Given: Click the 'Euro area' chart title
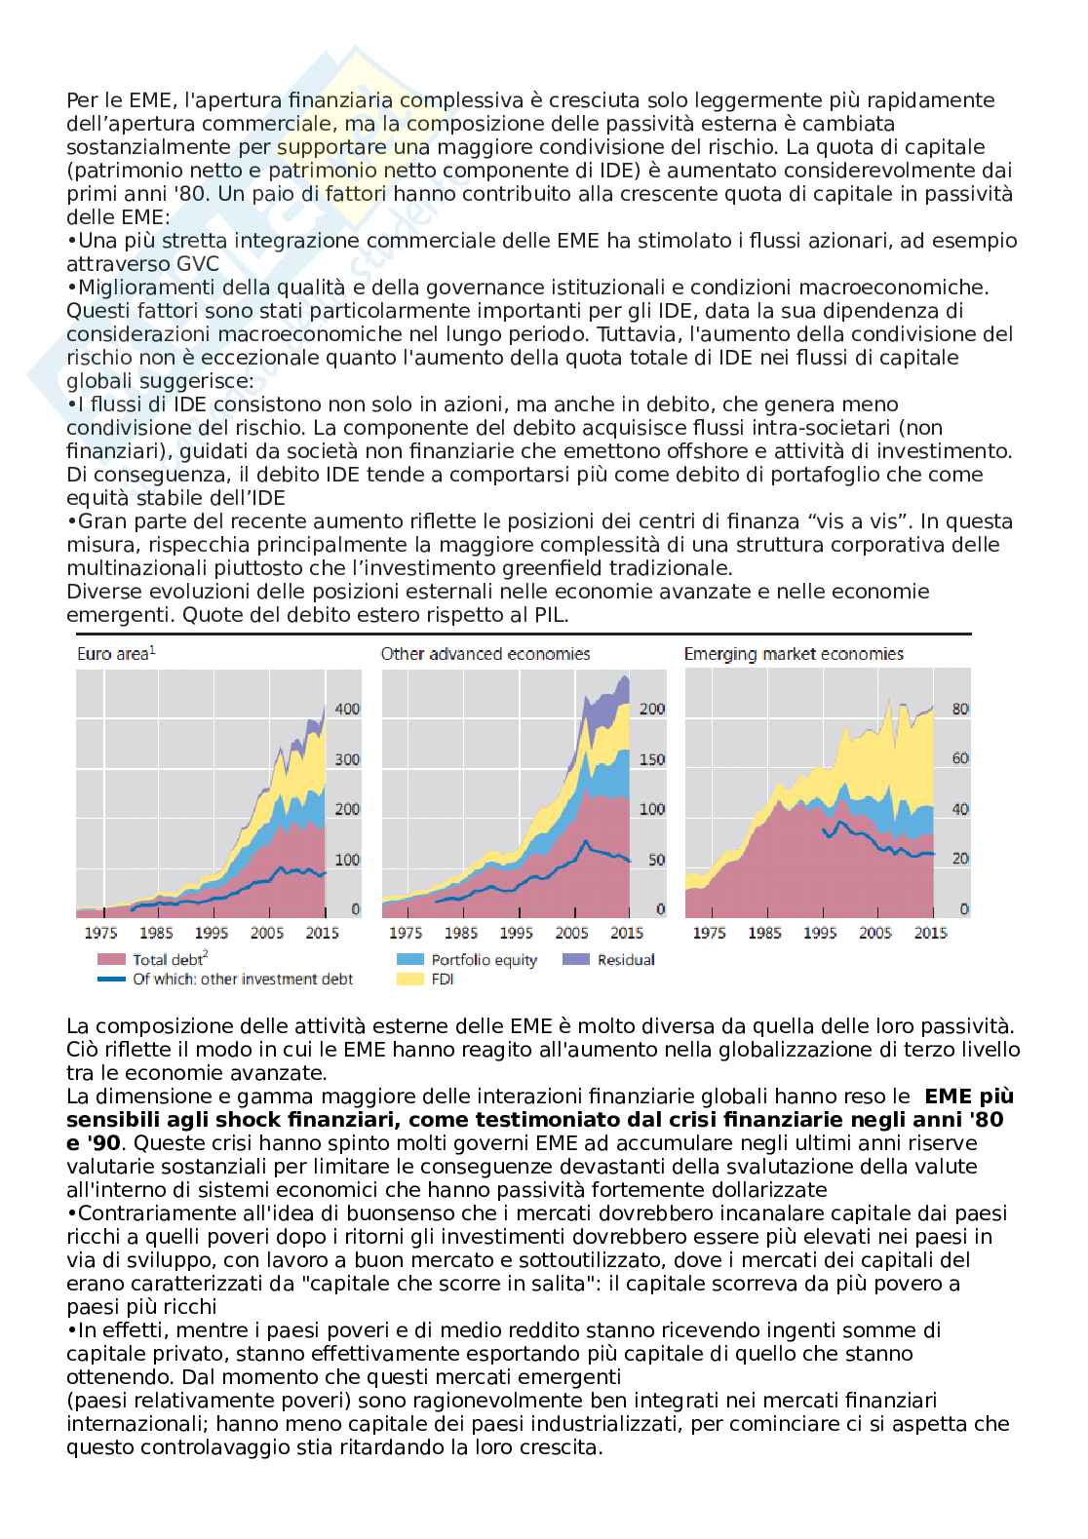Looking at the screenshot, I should point(115,654).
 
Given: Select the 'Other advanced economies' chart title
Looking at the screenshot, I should point(485,654).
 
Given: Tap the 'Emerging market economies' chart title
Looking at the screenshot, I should point(794,654).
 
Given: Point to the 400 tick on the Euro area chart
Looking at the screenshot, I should point(347,709).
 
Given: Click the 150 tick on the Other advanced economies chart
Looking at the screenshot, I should point(651,759).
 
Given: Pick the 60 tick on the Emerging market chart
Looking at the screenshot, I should point(960,759).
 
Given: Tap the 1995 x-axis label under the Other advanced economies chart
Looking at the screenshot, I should point(516,933).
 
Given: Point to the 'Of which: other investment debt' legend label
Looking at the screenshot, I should point(242,979).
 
